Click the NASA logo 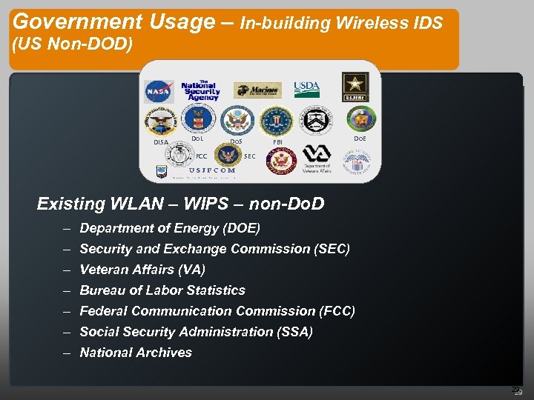pyautogui.click(x=158, y=91)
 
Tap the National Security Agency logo pyautogui.click(x=200, y=90)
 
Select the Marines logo pyautogui.click(x=257, y=90)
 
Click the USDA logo pyautogui.click(x=306, y=89)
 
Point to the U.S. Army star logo pyautogui.click(x=355, y=87)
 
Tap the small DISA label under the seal pyautogui.click(x=160, y=142)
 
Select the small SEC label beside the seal pyautogui.click(x=250, y=156)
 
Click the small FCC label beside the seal pyautogui.click(x=201, y=156)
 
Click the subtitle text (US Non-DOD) pyautogui.click(x=73, y=46)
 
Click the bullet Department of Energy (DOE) pyautogui.click(x=170, y=228)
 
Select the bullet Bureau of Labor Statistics pyautogui.click(x=162, y=290)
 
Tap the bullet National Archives pyautogui.click(x=136, y=353)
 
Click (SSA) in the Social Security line pyautogui.click(x=295, y=332)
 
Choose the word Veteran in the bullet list pyautogui.click(x=102, y=270)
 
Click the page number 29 pyautogui.click(x=518, y=391)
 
